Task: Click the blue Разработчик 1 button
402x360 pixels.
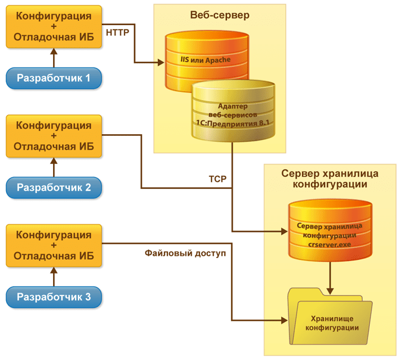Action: (54, 78)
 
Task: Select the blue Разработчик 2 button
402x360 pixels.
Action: (54, 188)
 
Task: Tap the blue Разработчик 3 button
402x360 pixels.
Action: (54, 297)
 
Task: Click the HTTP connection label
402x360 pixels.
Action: (117, 33)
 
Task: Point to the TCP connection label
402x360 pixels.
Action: (217, 179)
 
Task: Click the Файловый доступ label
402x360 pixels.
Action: (185, 253)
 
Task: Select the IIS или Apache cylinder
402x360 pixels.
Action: (207, 61)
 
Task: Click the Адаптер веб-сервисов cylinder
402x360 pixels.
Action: (233, 111)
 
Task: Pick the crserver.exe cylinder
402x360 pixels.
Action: (330, 230)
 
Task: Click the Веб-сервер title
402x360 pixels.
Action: (220, 15)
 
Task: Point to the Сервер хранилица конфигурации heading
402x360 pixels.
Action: (330, 179)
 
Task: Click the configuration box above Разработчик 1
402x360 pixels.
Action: (54, 27)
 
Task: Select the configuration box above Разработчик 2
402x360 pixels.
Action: (54, 136)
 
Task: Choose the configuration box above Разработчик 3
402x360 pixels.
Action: (54, 246)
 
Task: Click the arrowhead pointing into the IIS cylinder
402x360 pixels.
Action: (161, 63)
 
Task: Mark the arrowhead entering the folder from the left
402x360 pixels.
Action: (284, 320)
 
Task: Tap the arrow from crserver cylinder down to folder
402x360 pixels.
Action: (330, 278)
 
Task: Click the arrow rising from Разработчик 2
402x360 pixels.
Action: (54, 167)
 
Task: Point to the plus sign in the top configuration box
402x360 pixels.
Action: (54, 26)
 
